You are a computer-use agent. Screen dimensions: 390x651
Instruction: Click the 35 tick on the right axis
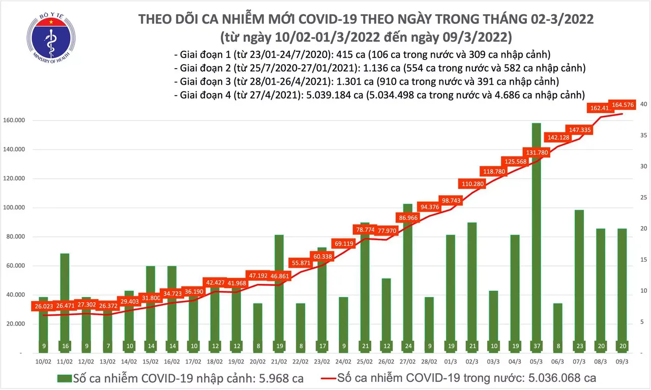tap(643, 135)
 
